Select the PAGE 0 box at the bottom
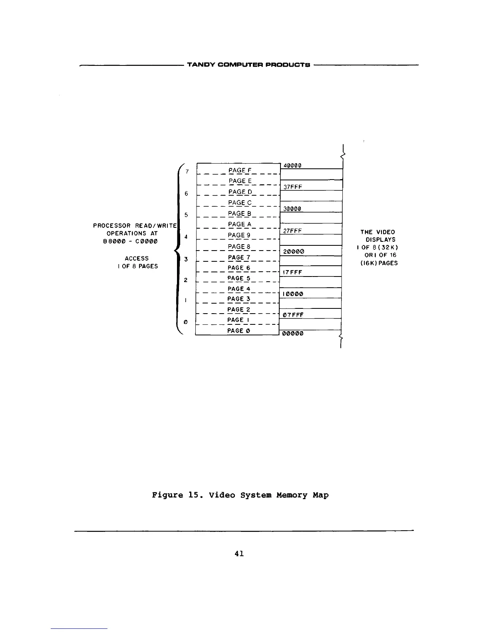point(239,331)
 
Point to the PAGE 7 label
point(239,257)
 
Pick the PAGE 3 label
point(239,299)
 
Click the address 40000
point(292,166)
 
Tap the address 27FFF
point(292,231)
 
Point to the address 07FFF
point(293,315)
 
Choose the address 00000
point(293,334)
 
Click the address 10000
point(293,294)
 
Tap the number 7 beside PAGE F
point(187,172)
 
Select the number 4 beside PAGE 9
point(187,237)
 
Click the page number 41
point(240,553)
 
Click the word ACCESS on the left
point(137,259)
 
